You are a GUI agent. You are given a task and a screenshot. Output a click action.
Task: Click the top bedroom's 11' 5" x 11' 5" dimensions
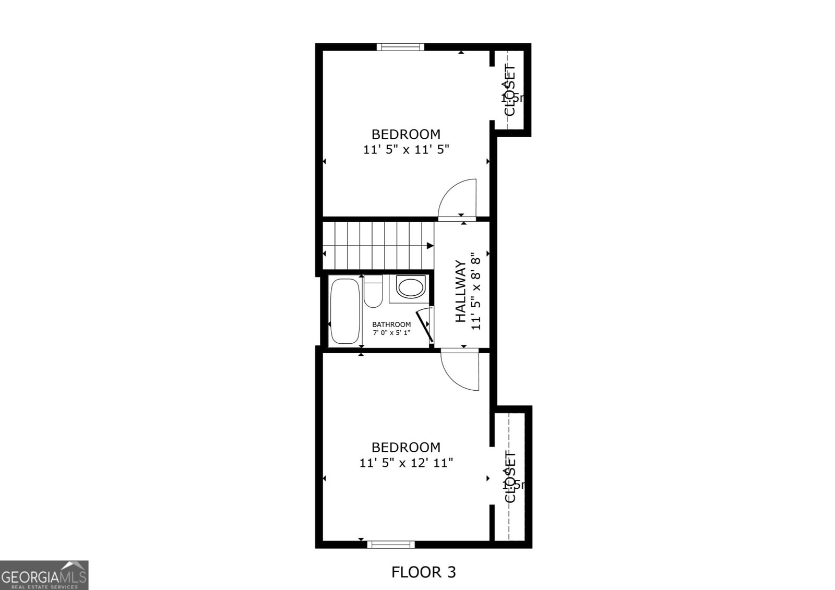click(406, 150)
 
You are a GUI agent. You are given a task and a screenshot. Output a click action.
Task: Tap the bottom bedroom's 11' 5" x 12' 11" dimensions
click(406, 463)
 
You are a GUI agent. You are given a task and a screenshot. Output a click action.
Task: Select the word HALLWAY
click(460, 291)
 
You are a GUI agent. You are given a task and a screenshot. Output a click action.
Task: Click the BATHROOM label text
click(391, 324)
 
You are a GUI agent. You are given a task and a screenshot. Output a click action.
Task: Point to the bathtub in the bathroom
click(345, 311)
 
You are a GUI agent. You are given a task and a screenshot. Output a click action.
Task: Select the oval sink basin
click(411, 287)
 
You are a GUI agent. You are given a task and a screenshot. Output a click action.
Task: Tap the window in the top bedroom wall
click(400, 47)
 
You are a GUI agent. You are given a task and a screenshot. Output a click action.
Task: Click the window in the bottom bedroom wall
click(391, 545)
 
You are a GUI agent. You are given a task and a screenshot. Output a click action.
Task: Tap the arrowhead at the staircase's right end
click(430, 246)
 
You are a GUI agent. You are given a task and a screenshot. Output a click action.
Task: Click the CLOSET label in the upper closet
click(510, 90)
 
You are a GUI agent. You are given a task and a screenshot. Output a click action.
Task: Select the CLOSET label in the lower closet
click(510, 477)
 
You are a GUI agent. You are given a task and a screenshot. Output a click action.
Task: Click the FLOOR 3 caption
click(423, 572)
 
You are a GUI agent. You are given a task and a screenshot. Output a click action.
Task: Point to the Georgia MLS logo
click(44, 575)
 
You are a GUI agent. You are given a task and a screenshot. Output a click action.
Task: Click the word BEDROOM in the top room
click(406, 134)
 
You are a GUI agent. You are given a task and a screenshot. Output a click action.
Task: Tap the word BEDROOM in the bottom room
click(406, 447)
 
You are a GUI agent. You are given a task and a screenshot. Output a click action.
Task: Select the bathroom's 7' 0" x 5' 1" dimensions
click(391, 333)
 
